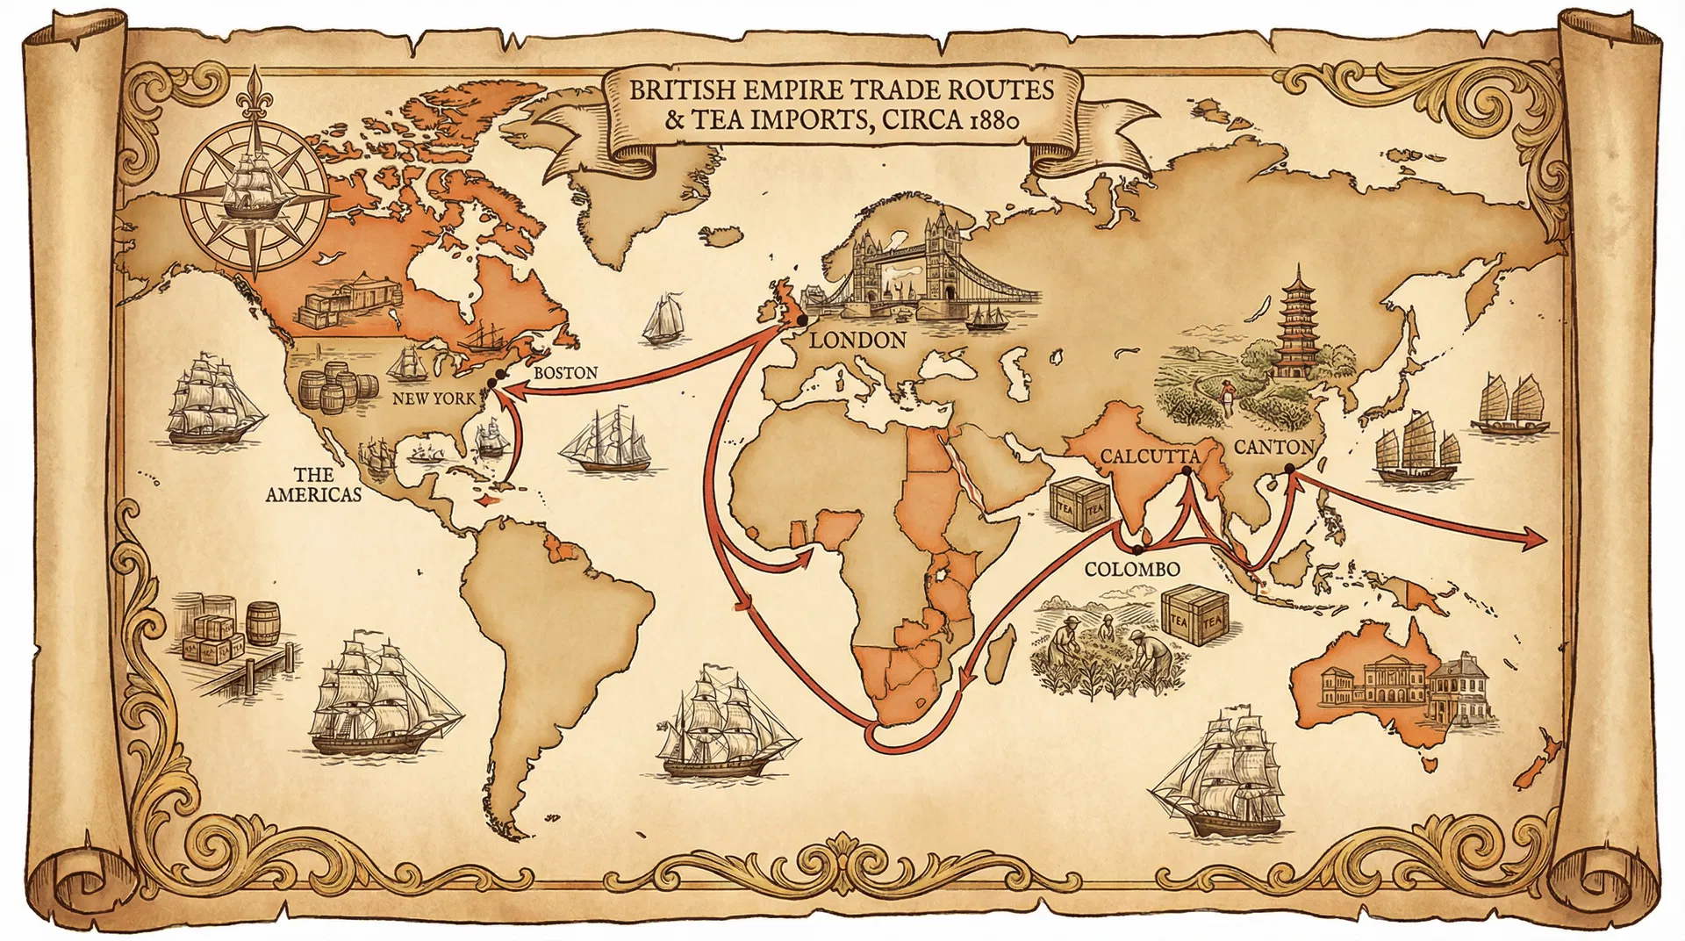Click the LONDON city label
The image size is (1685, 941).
[857, 341]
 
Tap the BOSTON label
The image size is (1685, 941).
[565, 372]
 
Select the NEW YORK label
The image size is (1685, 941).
[434, 399]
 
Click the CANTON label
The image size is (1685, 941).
[1273, 446]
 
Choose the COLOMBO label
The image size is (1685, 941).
[1132, 569]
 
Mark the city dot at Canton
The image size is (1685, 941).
[1289, 470]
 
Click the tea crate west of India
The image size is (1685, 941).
[1079, 506]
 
